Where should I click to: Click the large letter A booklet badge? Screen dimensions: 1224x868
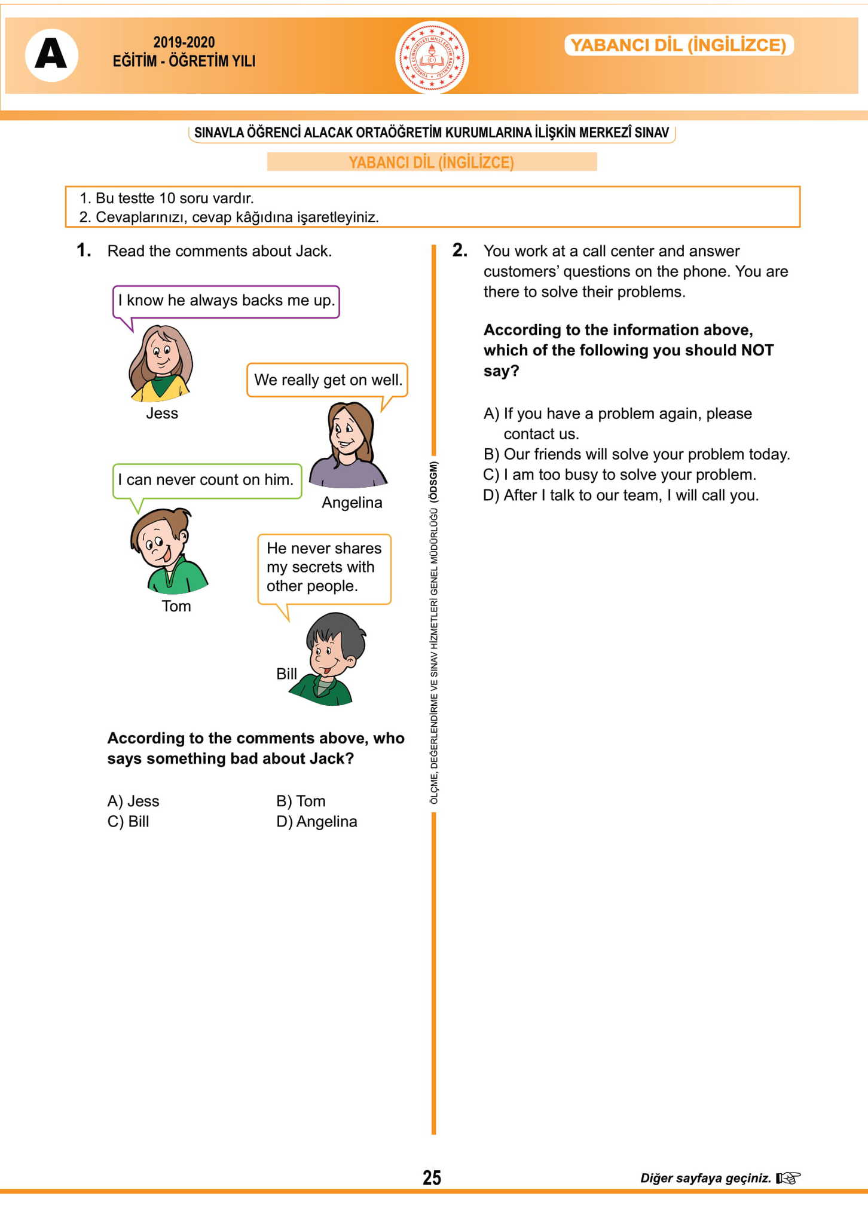click(x=51, y=55)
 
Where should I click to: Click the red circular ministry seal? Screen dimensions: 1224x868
click(x=432, y=57)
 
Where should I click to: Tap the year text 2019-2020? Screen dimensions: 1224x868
click(x=184, y=42)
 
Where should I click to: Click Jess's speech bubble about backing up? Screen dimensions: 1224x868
click(x=226, y=301)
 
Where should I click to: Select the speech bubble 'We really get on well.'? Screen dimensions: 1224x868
click(x=328, y=380)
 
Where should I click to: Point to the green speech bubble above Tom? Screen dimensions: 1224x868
click(x=207, y=480)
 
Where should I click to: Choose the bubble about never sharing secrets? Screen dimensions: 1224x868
click(x=324, y=567)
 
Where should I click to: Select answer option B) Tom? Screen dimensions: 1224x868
click(x=301, y=801)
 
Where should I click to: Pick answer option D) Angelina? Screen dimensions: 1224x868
click(x=316, y=822)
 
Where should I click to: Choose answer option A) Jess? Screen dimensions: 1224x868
click(x=133, y=801)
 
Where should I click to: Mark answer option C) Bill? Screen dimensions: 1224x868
click(x=128, y=822)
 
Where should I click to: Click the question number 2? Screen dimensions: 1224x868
click(x=459, y=250)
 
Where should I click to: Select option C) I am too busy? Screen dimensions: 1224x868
click(x=619, y=475)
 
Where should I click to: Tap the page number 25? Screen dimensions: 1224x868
click(x=432, y=1177)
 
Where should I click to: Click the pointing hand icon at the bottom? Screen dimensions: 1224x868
click(x=788, y=1178)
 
